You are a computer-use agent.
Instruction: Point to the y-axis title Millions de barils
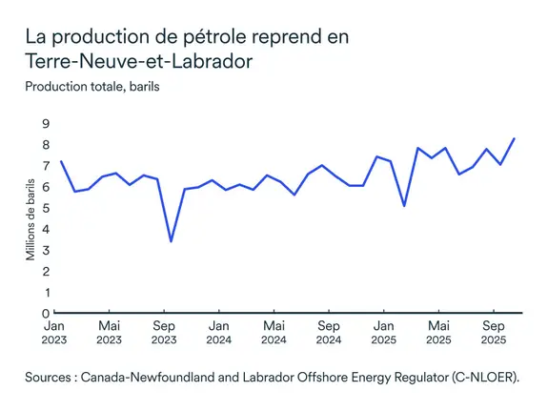pyautogui.click(x=30, y=218)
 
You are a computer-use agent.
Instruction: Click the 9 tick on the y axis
pyautogui.click(x=45, y=124)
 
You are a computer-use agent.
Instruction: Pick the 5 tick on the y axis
pyautogui.click(x=45, y=208)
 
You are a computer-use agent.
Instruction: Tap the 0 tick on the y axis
pyautogui.click(x=45, y=313)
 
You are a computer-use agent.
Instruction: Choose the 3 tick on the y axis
pyautogui.click(x=45, y=250)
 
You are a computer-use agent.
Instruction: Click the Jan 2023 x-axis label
pyautogui.click(x=54, y=332)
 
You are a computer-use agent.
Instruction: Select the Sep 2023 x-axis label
pyautogui.click(x=164, y=332)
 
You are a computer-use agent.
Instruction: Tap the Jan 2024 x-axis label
pyautogui.click(x=219, y=332)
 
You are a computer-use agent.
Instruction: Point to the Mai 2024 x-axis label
pyautogui.click(x=274, y=332)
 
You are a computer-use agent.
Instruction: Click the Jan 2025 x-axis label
pyautogui.click(x=384, y=332)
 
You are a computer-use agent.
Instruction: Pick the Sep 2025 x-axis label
pyautogui.click(x=493, y=332)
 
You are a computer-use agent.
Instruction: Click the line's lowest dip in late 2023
pyautogui.click(x=171, y=241)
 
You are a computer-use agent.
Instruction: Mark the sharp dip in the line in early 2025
pyautogui.click(x=405, y=206)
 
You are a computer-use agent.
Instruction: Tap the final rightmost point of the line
pyautogui.click(x=515, y=138)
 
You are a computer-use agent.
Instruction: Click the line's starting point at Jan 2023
pyautogui.click(x=61, y=161)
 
